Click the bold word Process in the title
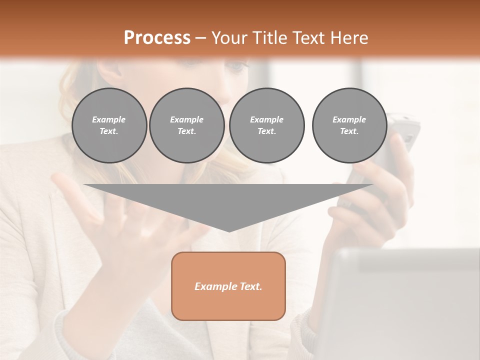click(157, 37)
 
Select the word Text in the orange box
click(251, 286)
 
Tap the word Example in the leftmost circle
click(109, 119)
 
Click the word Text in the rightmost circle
click(349, 131)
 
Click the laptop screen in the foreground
click(400, 310)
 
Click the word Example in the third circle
click(266, 119)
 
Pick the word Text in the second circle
click(186, 131)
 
